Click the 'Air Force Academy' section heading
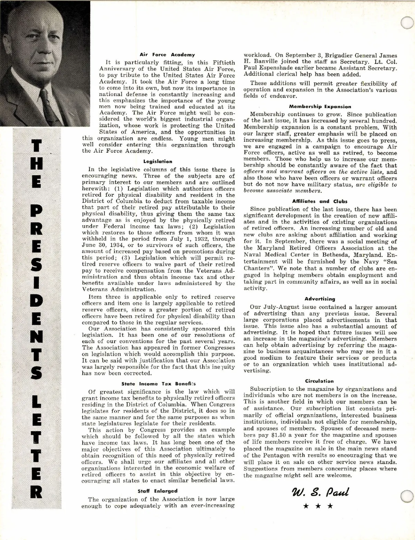pos(167,55)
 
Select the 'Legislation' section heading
pos(158,161)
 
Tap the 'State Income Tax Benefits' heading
pos(159,384)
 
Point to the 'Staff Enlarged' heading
pos(157,491)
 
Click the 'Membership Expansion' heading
pos(320,107)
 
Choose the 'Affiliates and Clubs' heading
pos(320,201)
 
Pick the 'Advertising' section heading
pos(320,299)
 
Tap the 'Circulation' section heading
pos(319,381)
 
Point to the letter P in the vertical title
pos(37,211)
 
